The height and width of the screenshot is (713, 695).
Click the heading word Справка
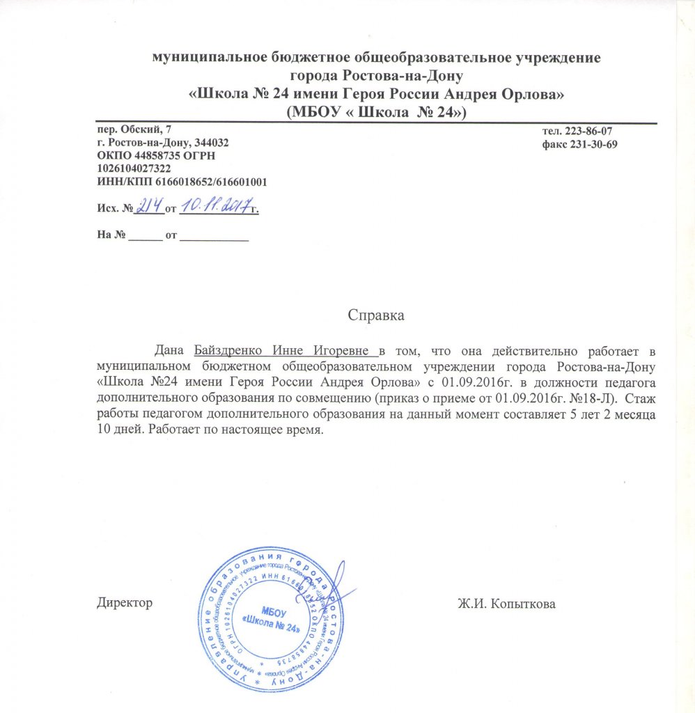[377, 315]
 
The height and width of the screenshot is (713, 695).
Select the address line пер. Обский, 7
[132, 130]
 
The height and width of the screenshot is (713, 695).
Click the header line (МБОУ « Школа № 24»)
[376, 111]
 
